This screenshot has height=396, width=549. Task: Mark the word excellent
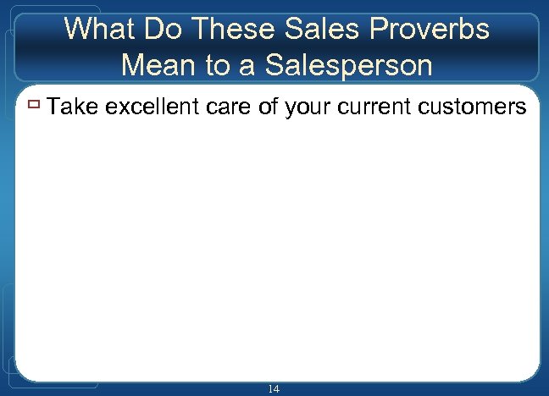pyautogui.click(x=155, y=107)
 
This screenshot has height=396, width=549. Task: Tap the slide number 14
pyautogui.click(x=274, y=388)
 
